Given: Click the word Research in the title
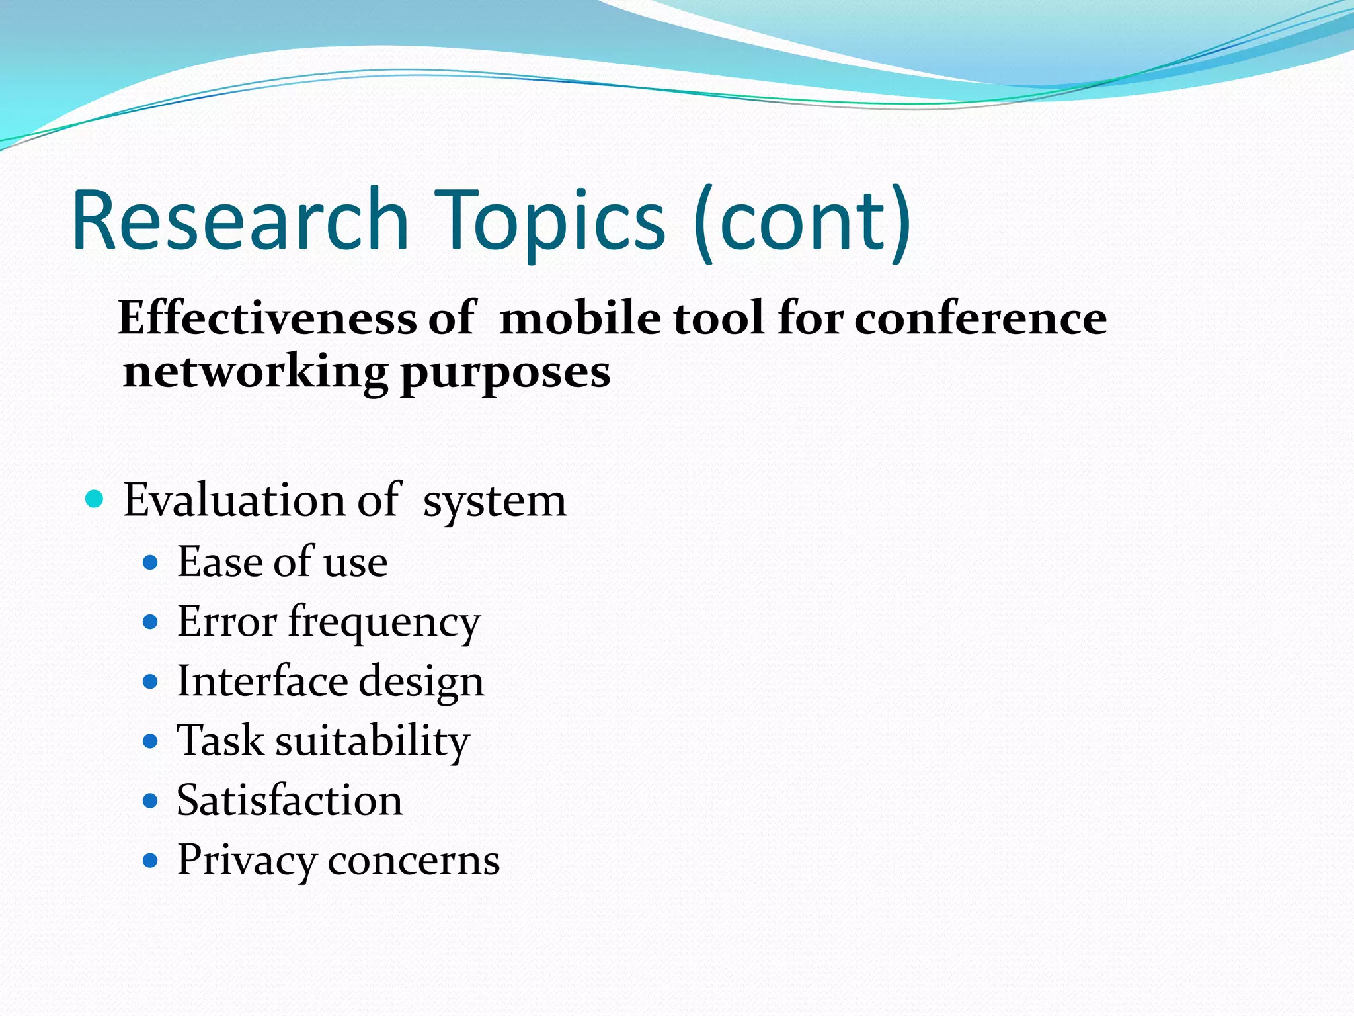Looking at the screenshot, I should pyautogui.click(x=241, y=220).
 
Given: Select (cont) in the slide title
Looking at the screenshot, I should pyautogui.click(x=802, y=222).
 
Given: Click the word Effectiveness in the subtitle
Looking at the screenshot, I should pyautogui.click(x=267, y=318).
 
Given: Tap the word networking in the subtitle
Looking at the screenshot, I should pyautogui.click(x=255, y=372).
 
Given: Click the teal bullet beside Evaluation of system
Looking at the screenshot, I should pyautogui.click(x=95, y=499).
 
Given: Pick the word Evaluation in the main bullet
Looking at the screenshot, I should pyautogui.click(x=233, y=499).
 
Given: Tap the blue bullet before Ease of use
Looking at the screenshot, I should pyautogui.click(x=151, y=562).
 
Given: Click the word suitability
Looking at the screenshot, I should pyautogui.click(x=372, y=741).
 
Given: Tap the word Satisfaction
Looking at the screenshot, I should pyautogui.click(x=290, y=800).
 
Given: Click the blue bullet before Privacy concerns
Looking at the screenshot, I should pyautogui.click(x=151, y=861).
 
